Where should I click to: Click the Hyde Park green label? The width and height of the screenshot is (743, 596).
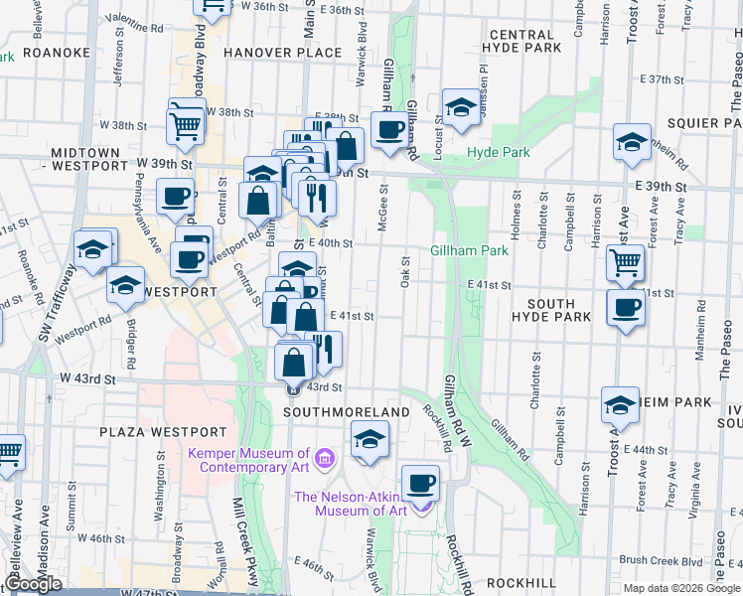499,152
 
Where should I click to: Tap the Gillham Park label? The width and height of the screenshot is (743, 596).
470,250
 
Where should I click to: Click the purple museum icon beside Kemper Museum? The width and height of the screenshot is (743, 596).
325,459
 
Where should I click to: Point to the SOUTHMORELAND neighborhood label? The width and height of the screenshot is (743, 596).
347,411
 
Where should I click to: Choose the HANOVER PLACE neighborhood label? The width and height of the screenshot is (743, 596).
269,52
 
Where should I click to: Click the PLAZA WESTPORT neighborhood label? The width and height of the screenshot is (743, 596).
163,432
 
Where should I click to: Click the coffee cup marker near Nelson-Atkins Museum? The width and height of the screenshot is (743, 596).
421,484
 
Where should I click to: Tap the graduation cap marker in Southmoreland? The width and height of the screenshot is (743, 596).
369,439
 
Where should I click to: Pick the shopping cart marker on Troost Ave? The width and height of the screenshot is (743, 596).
625,263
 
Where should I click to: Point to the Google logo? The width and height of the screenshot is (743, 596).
33,585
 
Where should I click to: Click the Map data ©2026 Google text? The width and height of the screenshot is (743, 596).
681,588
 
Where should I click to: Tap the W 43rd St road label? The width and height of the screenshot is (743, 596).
87,378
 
